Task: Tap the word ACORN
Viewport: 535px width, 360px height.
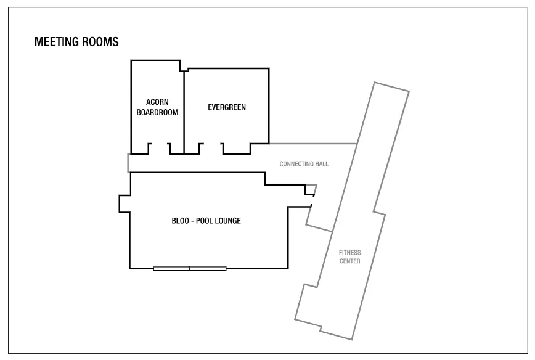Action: pyautogui.click(x=157, y=102)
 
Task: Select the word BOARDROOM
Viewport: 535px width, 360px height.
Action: pyautogui.click(x=157, y=112)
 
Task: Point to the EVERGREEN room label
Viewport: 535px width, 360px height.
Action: pyautogui.click(x=227, y=107)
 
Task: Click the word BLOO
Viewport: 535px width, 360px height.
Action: pyautogui.click(x=180, y=221)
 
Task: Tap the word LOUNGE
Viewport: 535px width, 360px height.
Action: pyautogui.click(x=228, y=221)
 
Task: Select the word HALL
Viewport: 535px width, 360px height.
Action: pyautogui.click(x=322, y=164)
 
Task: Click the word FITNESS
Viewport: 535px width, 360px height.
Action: pyautogui.click(x=349, y=253)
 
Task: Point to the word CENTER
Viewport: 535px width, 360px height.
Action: pyautogui.click(x=349, y=261)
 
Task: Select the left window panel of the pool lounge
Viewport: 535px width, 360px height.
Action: pyautogui.click(x=171, y=269)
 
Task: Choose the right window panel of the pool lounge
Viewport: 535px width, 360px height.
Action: pyautogui.click(x=208, y=269)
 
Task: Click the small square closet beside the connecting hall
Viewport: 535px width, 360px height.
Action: pyautogui.click(x=310, y=190)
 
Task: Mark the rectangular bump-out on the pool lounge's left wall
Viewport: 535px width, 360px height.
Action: pyautogui.click(x=125, y=203)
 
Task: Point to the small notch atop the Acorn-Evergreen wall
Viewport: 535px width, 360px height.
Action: pyautogui.click(x=184, y=69)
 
